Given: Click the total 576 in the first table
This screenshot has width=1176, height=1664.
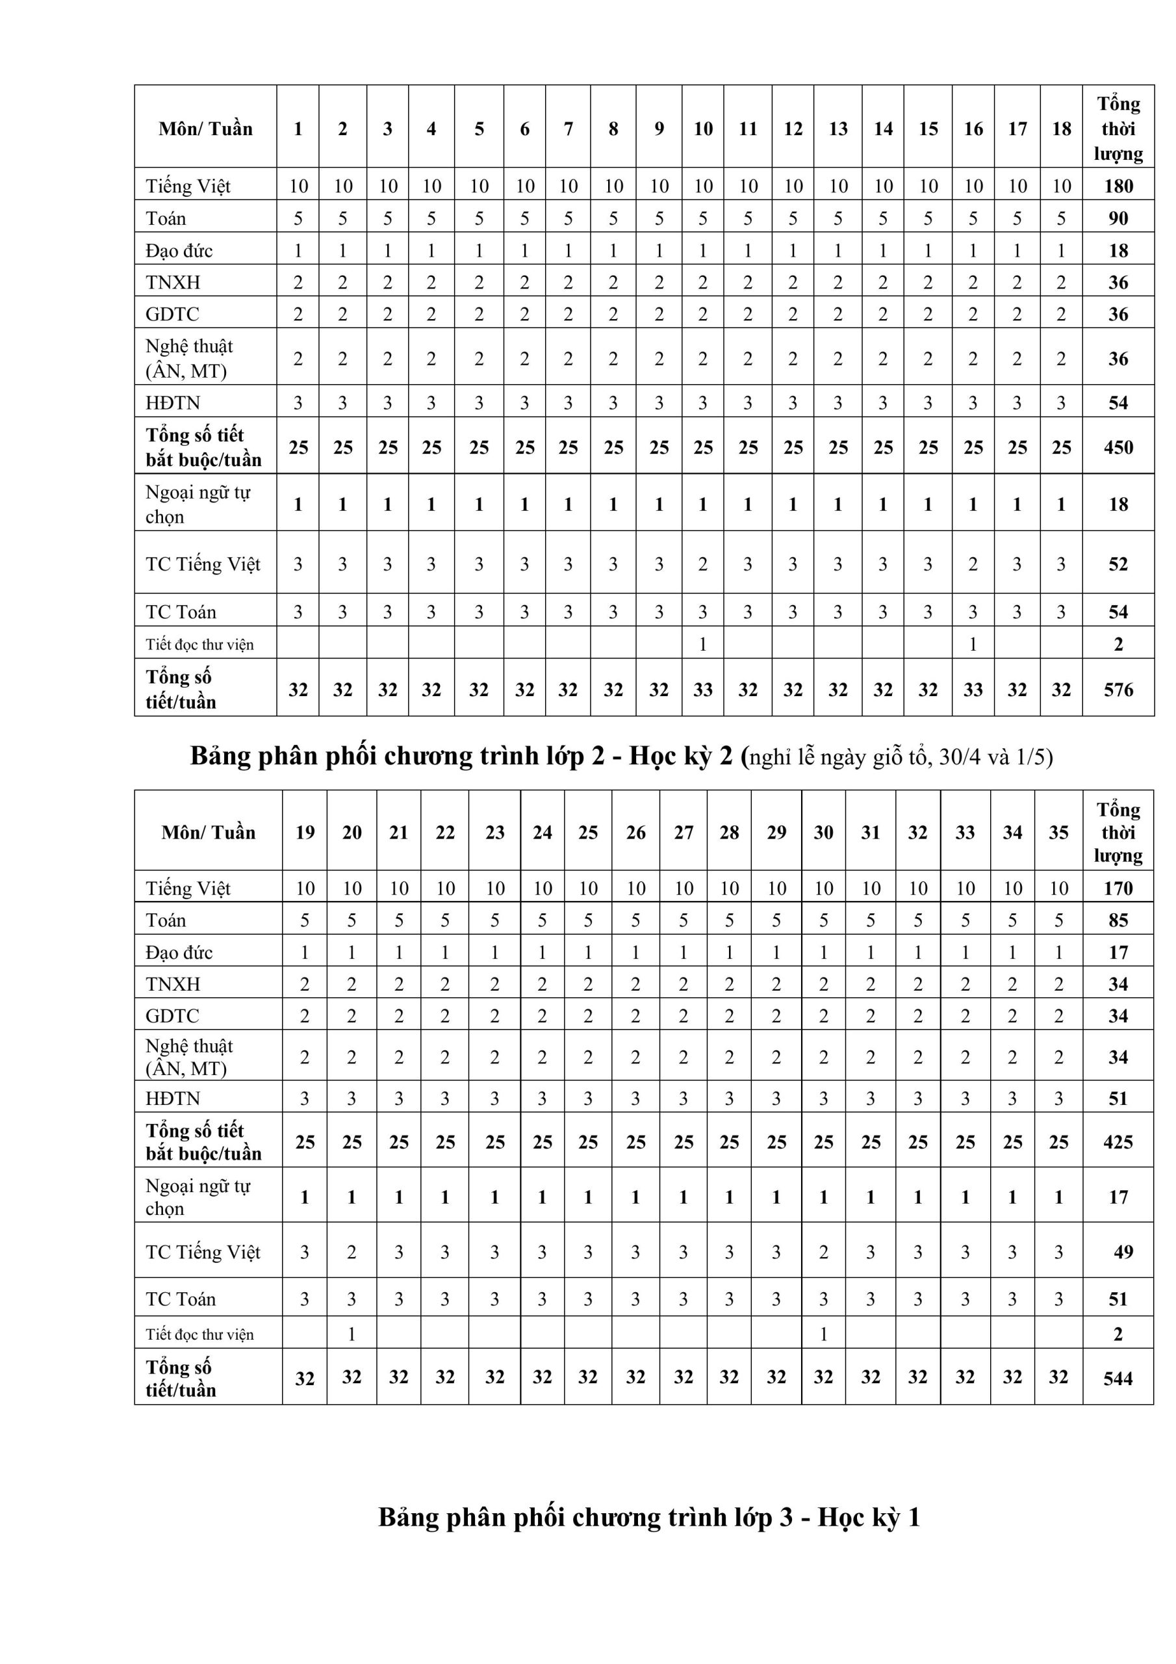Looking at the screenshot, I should pyautogui.click(x=1118, y=689).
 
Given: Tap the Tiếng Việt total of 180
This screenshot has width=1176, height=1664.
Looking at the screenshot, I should pyautogui.click(x=1118, y=187).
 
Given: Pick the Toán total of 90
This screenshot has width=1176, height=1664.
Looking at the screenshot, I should pyautogui.click(x=1118, y=218).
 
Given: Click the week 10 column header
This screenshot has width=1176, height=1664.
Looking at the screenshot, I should pyautogui.click(x=702, y=129).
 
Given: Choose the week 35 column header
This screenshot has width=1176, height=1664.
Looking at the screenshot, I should pyautogui.click(x=1058, y=832).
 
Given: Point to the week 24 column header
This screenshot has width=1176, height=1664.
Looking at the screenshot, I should pyautogui.click(x=542, y=832).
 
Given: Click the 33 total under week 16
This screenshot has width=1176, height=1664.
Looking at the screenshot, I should pyautogui.click(x=973, y=689).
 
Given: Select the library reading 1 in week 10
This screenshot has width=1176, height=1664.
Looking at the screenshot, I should pyautogui.click(x=702, y=643).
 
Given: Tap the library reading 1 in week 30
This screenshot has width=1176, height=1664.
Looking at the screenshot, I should pyautogui.click(x=823, y=1334).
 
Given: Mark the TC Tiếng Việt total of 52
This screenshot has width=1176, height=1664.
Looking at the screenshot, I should pyautogui.click(x=1118, y=564).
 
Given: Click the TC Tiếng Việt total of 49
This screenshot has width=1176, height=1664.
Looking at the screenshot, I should pyautogui.click(x=1122, y=1252).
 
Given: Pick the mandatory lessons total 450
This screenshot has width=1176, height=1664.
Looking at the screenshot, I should pyautogui.click(x=1118, y=447).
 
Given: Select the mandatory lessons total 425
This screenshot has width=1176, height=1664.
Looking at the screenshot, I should pyautogui.click(x=1118, y=1142).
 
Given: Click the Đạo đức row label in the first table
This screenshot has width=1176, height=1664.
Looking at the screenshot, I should pyautogui.click(x=179, y=251).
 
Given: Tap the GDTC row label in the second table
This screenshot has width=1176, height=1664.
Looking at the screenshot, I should pyautogui.click(x=172, y=1016).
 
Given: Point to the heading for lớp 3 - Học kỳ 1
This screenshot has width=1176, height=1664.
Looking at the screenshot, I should pyautogui.click(x=648, y=1517).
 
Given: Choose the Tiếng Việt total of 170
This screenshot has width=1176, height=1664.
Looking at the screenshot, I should pyautogui.click(x=1118, y=889).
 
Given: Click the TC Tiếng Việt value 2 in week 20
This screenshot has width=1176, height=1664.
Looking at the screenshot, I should pyautogui.click(x=352, y=1252).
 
